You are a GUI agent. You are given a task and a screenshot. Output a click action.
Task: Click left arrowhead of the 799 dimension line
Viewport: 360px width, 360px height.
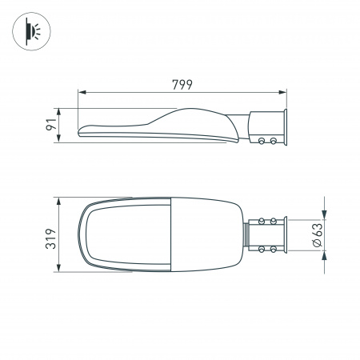point(80,93)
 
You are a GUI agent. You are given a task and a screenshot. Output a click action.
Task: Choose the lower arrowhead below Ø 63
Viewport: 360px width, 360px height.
point(324,254)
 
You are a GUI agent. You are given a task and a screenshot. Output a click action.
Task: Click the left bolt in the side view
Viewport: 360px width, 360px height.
point(262,141)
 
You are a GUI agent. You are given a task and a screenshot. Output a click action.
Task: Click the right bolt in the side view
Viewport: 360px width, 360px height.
point(274,141)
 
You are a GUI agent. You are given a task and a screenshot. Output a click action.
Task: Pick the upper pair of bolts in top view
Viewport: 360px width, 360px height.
point(268,219)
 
